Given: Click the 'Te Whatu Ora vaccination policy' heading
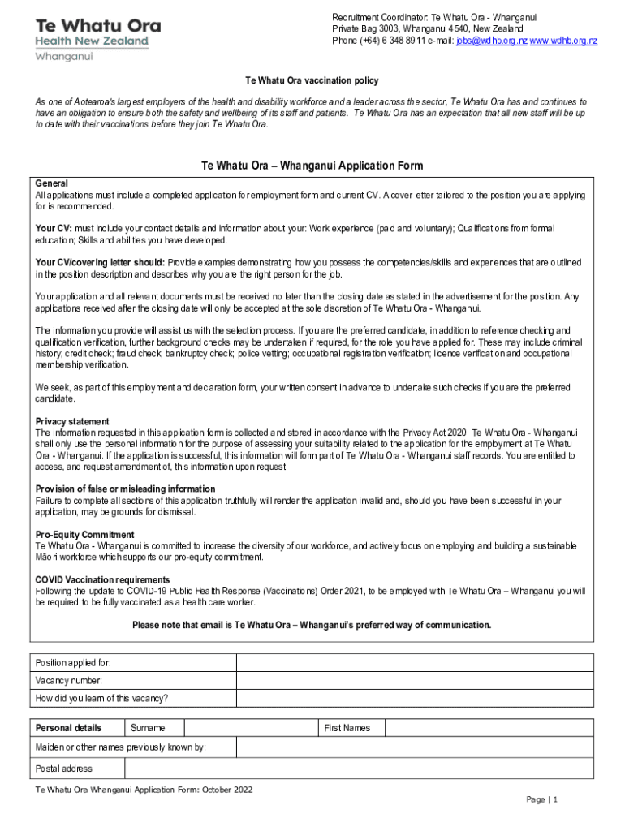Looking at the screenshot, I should click(x=312, y=81).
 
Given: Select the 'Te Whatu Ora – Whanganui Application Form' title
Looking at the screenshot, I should click(x=312, y=166).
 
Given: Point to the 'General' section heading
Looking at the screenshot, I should click(x=52, y=183).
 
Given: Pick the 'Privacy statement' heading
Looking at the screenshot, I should click(x=72, y=421).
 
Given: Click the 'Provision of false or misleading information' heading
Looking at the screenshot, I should click(x=126, y=489).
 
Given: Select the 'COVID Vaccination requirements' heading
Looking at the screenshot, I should click(x=103, y=579).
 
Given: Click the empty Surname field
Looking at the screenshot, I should click(x=251, y=728).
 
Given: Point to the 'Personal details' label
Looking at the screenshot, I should click(x=69, y=728).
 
